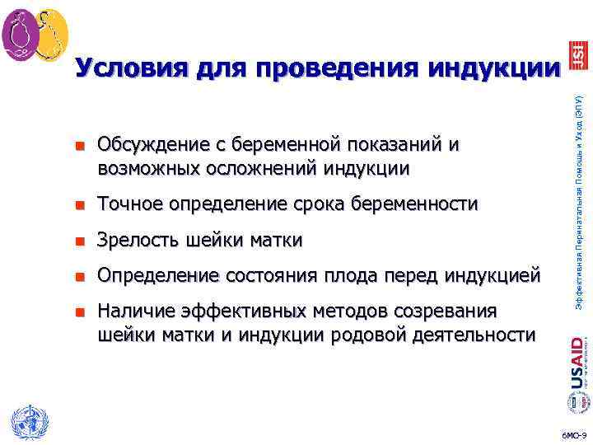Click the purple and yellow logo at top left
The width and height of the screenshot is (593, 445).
35,32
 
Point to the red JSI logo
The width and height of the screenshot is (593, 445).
577,57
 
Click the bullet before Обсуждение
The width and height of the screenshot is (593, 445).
80,147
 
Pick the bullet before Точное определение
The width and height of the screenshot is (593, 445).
80,204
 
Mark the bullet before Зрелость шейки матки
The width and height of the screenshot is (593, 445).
80,241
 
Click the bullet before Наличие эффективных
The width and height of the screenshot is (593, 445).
80,312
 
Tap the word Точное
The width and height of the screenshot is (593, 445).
128,204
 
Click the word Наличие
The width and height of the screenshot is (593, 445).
135,311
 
